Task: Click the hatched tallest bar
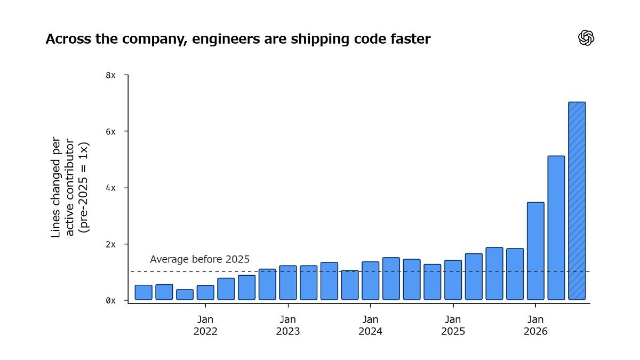pos(577,201)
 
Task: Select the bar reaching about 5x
pos(556,228)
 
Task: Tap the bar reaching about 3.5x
pos(535,251)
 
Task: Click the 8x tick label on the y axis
pos(110,75)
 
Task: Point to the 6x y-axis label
pos(110,132)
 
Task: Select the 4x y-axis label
pos(110,188)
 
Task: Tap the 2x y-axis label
pos(110,245)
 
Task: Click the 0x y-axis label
pos(110,301)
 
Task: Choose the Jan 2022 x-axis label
pos(205,325)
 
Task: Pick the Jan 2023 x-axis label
pos(288,325)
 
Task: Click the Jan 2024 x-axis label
pos(371,325)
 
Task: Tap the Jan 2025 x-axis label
pos(453,325)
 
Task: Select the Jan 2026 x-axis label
pos(535,325)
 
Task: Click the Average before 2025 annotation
pos(199,259)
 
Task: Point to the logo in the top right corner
pos(586,38)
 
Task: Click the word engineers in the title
pos(226,39)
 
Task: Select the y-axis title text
pos(70,187)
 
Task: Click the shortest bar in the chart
pos(185,294)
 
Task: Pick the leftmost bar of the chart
pos(143,292)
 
